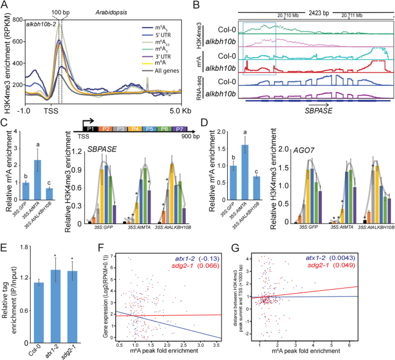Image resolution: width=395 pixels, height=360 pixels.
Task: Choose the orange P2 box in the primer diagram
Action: coord(108,131)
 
